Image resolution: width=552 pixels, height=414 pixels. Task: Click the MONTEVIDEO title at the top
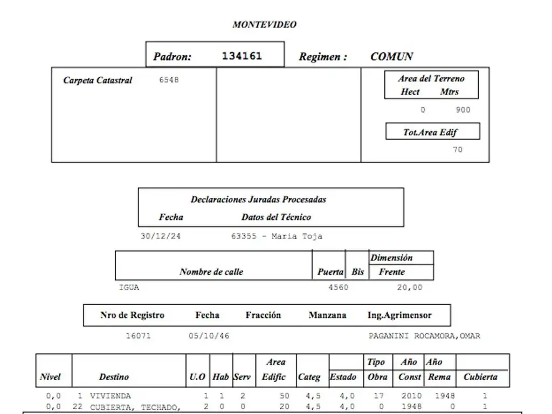(264, 24)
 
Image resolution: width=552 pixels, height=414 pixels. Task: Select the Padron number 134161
(241, 56)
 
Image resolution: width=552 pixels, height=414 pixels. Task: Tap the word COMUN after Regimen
(392, 57)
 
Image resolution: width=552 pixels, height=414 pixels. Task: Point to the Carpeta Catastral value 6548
(169, 80)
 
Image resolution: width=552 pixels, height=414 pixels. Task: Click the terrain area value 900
(463, 110)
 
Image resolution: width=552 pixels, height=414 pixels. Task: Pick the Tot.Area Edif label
(432, 132)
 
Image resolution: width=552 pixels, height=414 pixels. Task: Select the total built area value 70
(457, 150)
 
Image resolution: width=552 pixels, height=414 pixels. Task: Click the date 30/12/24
(161, 236)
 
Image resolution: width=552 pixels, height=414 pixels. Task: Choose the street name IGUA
(129, 287)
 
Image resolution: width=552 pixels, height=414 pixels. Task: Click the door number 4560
(339, 287)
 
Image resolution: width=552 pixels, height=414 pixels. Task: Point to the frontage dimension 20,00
(410, 287)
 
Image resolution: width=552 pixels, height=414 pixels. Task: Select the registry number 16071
(138, 336)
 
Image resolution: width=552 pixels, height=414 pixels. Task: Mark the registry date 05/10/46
(209, 336)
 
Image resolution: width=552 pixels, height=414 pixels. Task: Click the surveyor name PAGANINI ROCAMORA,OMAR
(424, 336)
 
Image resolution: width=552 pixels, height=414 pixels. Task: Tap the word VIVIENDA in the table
(110, 396)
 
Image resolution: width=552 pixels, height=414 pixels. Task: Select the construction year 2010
(411, 396)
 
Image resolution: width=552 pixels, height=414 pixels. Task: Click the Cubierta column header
(480, 377)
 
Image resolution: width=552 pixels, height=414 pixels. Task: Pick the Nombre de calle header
(211, 272)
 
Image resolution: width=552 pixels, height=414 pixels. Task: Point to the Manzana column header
(327, 315)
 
